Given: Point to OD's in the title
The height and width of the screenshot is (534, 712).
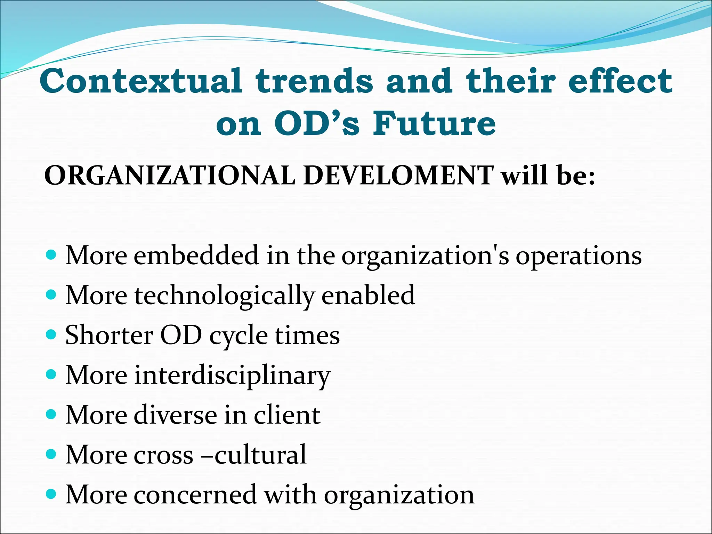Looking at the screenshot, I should tap(316, 124).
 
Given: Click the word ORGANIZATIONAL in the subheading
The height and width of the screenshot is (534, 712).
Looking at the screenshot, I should tap(170, 176).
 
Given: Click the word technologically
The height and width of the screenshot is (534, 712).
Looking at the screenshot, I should tap(225, 296).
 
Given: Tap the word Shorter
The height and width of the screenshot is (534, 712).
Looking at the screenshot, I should tap(109, 335).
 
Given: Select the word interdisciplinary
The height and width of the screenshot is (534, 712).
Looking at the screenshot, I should tap(232, 375).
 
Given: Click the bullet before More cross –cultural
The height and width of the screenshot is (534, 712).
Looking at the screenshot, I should tap(51, 454).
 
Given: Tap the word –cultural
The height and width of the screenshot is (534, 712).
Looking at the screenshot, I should tap(254, 455).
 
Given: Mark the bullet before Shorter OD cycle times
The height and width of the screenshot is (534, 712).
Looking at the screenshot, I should tap(51, 335).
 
